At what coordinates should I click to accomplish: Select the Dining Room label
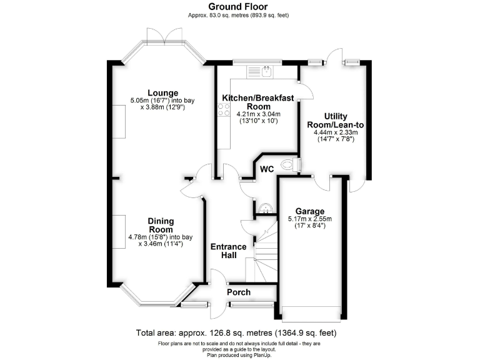[161, 225]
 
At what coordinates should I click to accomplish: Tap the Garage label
[309, 211]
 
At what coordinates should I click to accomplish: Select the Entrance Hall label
[227, 251]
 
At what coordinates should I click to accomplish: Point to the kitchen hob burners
[223, 111]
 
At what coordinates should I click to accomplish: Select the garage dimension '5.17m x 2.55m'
[310, 219]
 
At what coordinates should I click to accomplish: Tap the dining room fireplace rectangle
[119, 234]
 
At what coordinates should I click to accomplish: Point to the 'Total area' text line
[239, 333]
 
